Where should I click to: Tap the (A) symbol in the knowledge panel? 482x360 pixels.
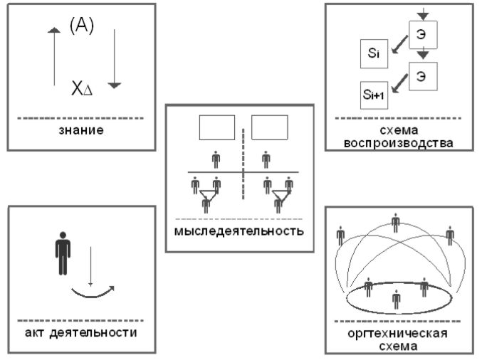click(x=82, y=27)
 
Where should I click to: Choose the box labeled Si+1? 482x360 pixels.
click(x=375, y=92)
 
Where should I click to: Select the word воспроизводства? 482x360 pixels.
click(x=399, y=142)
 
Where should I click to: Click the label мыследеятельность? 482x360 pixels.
click(x=239, y=231)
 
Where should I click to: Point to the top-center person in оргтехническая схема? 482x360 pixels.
click(x=397, y=223)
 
